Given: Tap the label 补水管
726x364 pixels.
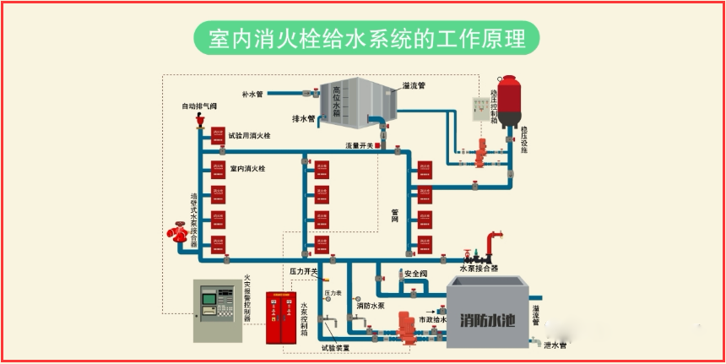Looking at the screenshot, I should (253, 94).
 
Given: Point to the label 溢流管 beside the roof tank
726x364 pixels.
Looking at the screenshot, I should (414, 85).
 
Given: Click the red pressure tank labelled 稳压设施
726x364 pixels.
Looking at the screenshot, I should (508, 101).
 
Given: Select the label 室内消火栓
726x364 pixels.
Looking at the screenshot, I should (247, 169).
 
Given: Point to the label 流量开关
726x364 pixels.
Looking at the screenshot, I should (358, 145).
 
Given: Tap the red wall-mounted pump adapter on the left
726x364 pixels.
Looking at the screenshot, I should (180, 231).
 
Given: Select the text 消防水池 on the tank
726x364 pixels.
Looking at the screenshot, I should (487, 320).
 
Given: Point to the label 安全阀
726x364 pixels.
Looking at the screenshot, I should (417, 274).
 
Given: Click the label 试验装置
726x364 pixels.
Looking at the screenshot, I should (335, 347).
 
